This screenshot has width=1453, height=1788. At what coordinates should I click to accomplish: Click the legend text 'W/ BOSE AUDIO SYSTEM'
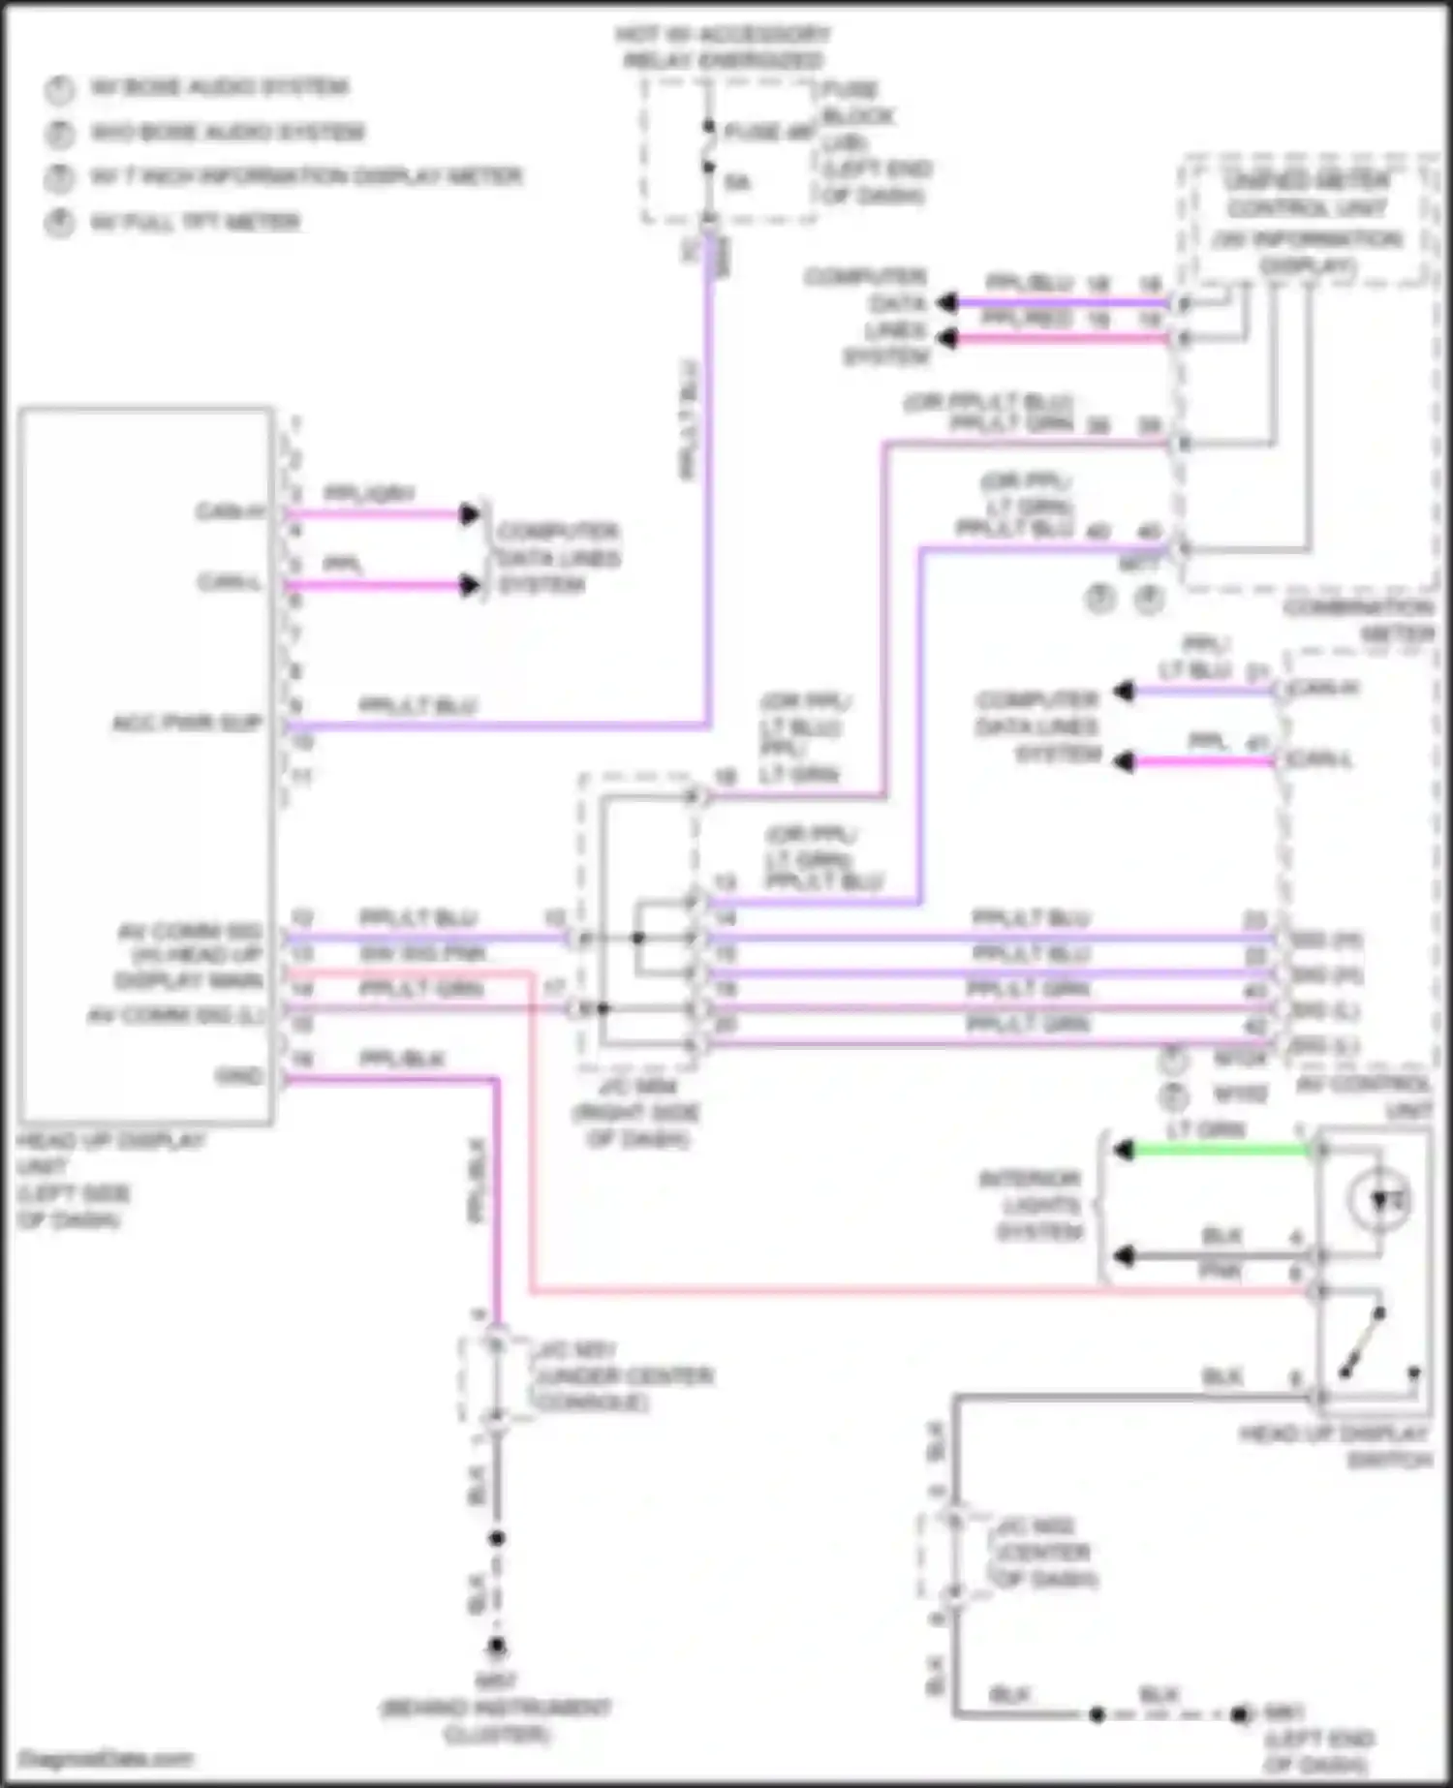[220, 87]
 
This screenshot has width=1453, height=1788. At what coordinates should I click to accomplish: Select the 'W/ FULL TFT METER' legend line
[195, 223]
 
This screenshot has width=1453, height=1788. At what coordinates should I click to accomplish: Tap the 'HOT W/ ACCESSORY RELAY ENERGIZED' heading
[723, 47]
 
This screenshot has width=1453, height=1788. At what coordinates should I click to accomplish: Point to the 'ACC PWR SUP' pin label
[187, 724]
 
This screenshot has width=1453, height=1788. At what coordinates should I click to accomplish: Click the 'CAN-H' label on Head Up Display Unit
[230, 511]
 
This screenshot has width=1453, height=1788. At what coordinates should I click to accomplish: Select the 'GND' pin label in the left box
[239, 1076]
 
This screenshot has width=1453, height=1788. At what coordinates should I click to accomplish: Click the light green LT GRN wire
[1221, 1151]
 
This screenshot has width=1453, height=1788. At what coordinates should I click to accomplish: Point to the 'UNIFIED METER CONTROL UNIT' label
[1307, 195]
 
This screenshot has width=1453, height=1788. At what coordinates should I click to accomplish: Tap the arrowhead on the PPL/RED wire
[947, 338]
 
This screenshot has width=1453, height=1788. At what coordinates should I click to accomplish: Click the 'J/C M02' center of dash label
[1041, 1553]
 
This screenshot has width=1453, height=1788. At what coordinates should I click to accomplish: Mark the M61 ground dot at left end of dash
[1239, 1714]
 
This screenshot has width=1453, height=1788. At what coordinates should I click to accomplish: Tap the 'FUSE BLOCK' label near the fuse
[857, 104]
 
